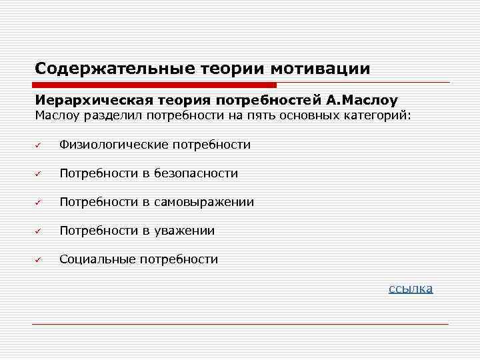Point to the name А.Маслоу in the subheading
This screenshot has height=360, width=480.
click(361, 101)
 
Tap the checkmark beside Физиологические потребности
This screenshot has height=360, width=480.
click(39, 145)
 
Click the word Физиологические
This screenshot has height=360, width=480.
click(113, 145)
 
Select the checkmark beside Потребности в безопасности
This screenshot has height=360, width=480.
click(39, 173)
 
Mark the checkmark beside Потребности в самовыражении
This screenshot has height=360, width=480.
click(39, 202)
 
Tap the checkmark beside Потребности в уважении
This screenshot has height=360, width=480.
click(39, 231)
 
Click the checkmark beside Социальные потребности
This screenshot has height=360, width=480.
click(39, 259)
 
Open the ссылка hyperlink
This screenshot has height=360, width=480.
click(411, 288)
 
